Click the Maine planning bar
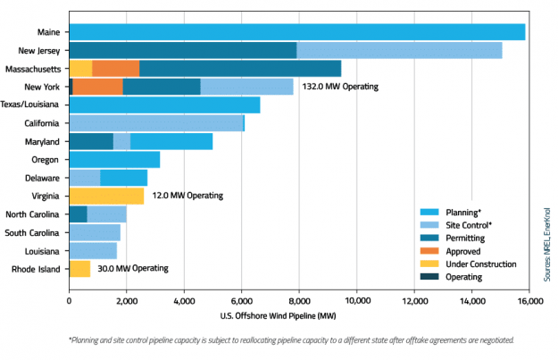click(296, 32)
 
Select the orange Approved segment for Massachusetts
click(115, 68)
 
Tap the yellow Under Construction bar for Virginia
click(105, 196)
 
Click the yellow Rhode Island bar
click(79, 269)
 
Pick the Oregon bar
click(114, 160)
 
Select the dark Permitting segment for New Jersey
click(182, 50)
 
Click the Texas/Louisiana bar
click(164, 105)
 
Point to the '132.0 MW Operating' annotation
click(339, 87)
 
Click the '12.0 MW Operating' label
click(187, 196)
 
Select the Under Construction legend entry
click(480, 264)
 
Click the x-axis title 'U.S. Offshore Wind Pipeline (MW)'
click(299, 315)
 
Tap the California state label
click(41, 123)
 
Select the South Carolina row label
click(33, 232)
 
